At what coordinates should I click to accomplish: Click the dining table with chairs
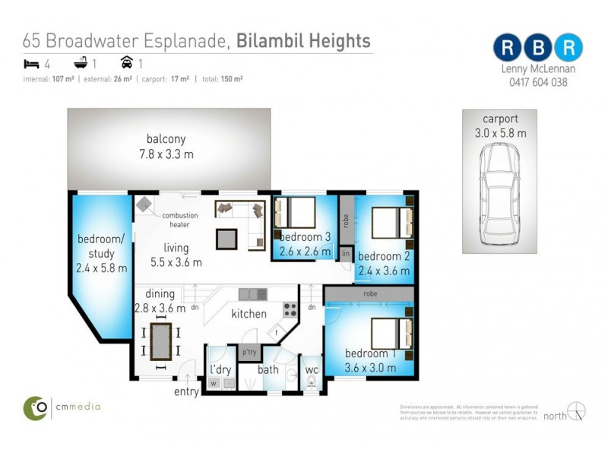click(x=161, y=339)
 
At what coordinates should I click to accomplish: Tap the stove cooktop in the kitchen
click(x=290, y=309)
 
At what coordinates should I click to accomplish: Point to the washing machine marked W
click(x=214, y=384)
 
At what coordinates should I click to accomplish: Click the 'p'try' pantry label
click(x=249, y=353)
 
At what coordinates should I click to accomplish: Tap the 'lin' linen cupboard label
click(x=346, y=252)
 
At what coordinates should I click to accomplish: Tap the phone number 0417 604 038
click(x=538, y=83)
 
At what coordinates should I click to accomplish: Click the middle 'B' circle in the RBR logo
click(x=537, y=46)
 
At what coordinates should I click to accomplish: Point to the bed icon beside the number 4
click(x=31, y=64)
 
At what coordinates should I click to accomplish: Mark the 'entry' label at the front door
click(x=186, y=392)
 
